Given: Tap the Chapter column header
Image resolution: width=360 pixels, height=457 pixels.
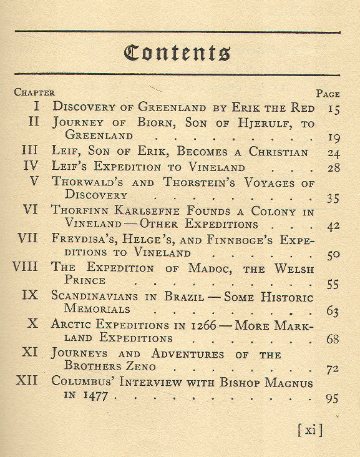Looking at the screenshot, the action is (x=34, y=92).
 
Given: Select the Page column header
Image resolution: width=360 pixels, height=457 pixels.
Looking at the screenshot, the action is (x=328, y=94).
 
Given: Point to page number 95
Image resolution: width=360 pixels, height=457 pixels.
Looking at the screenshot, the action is (x=333, y=398).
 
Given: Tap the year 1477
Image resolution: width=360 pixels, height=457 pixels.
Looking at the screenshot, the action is (x=94, y=396).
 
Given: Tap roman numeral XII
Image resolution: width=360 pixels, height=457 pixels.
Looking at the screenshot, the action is (x=27, y=381).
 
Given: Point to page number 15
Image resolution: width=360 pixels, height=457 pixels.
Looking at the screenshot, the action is (x=333, y=108).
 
